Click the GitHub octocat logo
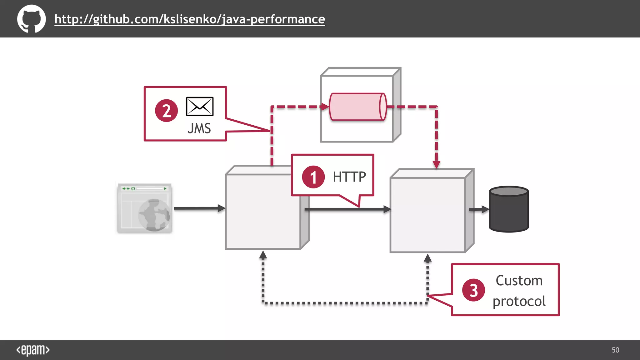[31, 19]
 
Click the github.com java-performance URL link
[190, 19]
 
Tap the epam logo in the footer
[33, 350]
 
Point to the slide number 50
[615, 350]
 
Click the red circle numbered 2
[166, 111]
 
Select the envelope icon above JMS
[199, 107]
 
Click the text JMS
[199, 128]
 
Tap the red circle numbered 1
[313, 177]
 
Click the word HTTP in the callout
[349, 177]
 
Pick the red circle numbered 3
[473, 290]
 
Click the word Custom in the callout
[519, 280]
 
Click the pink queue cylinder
[358, 107]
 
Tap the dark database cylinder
[509, 209]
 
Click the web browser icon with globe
[145, 208]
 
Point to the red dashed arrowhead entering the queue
[325, 107]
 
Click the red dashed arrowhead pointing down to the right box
[437, 164]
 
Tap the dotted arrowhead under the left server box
[263, 255]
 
